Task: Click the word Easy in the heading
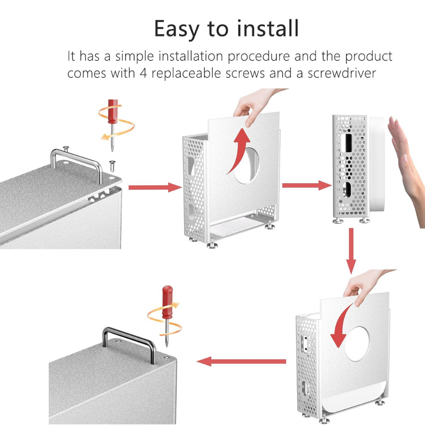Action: pos(177,29)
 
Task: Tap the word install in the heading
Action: pos(268,28)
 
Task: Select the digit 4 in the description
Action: pos(143,73)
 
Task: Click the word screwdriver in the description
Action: pos(342,73)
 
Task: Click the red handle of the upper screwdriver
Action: pos(113,111)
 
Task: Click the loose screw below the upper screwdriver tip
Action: pos(112,166)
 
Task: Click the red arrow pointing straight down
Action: pos(351,251)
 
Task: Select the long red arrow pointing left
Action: pos(241,361)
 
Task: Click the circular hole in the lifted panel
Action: pos(246,166)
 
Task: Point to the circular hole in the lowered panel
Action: pos(357,344)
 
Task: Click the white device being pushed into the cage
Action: pos(377,164)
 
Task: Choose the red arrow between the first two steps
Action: pos(155,187)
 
